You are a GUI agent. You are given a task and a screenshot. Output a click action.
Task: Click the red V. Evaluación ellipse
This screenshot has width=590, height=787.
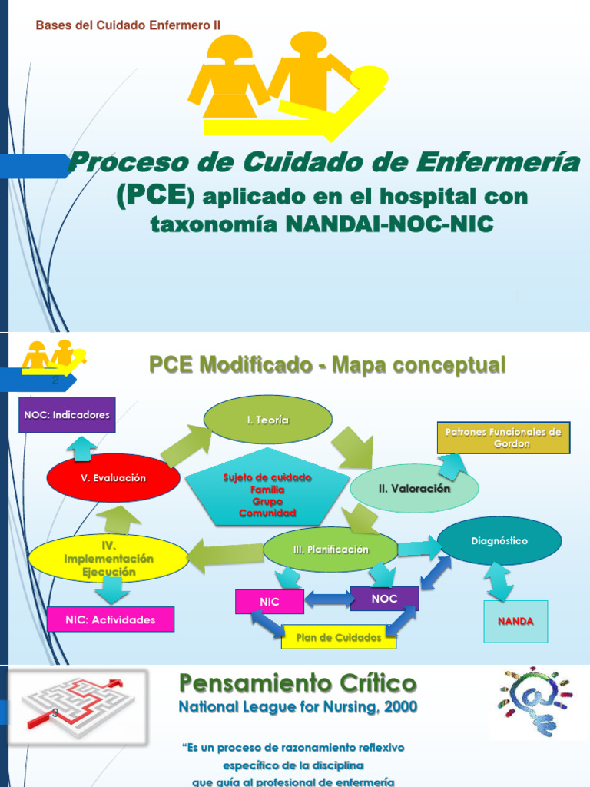tap(113, 477)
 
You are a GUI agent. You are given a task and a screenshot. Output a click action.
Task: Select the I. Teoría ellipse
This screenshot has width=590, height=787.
tap(267, 420)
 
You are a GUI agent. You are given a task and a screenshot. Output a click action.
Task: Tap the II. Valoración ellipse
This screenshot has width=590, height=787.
tap(414, 488)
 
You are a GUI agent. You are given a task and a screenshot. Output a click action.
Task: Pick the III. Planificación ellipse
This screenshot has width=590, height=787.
tap(330, 550)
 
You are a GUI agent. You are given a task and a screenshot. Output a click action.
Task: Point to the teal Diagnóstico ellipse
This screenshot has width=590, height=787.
tap(499, 541)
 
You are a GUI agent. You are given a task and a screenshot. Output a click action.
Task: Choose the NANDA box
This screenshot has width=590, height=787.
tap(515, 621)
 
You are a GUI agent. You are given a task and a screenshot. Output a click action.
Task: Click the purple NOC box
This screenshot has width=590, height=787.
tap(384, 597)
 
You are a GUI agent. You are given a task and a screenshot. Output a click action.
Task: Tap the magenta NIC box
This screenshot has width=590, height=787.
tap(270, 602)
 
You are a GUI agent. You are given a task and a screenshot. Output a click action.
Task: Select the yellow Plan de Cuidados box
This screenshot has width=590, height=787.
tap(339, 637)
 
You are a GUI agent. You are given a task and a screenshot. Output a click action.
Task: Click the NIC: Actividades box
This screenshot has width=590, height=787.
tap(111, 619)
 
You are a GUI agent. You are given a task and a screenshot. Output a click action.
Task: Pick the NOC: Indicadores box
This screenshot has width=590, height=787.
tap(67, 415)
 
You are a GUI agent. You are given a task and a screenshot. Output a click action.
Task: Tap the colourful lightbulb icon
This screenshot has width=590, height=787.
tap(535, 700)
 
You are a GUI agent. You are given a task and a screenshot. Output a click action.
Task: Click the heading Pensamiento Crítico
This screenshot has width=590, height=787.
tap(297, 682)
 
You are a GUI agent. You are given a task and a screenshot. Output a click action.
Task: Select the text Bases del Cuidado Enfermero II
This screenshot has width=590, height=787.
tap(128, 25)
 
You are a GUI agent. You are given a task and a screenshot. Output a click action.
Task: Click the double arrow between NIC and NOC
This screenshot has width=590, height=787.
tap(327, 598)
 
